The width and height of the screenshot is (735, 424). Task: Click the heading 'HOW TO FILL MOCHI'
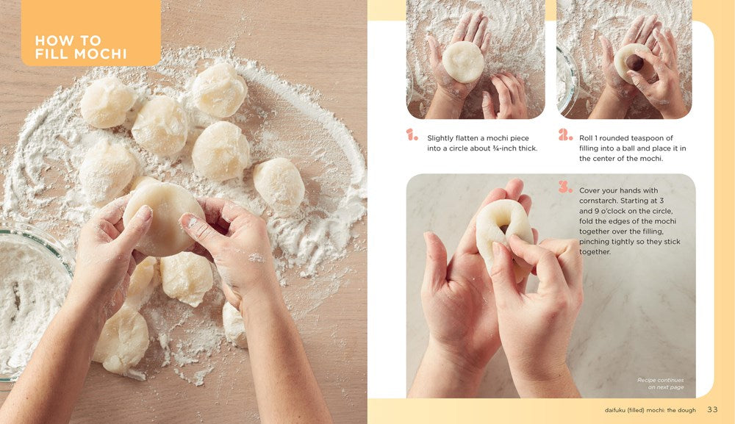[x=81, y=47]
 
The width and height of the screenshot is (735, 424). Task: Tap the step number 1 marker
[x=412, y=135]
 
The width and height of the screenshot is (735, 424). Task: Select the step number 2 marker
[x=564, y=135]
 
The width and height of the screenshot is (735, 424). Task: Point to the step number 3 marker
[x=564, y=187]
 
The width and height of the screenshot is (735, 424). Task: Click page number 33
[x=713, y=409]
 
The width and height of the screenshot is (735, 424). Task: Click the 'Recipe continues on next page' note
[x=661, y=384]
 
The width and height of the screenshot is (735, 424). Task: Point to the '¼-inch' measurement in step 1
[x=507, y=148]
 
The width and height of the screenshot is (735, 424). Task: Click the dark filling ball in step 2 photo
[x=637, y=63]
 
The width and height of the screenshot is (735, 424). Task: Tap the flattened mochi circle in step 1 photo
[x=463, y=62]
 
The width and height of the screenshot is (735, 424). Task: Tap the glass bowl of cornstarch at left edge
[x=29, y=294]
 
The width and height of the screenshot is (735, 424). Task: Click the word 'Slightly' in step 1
[x=442, y=138]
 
